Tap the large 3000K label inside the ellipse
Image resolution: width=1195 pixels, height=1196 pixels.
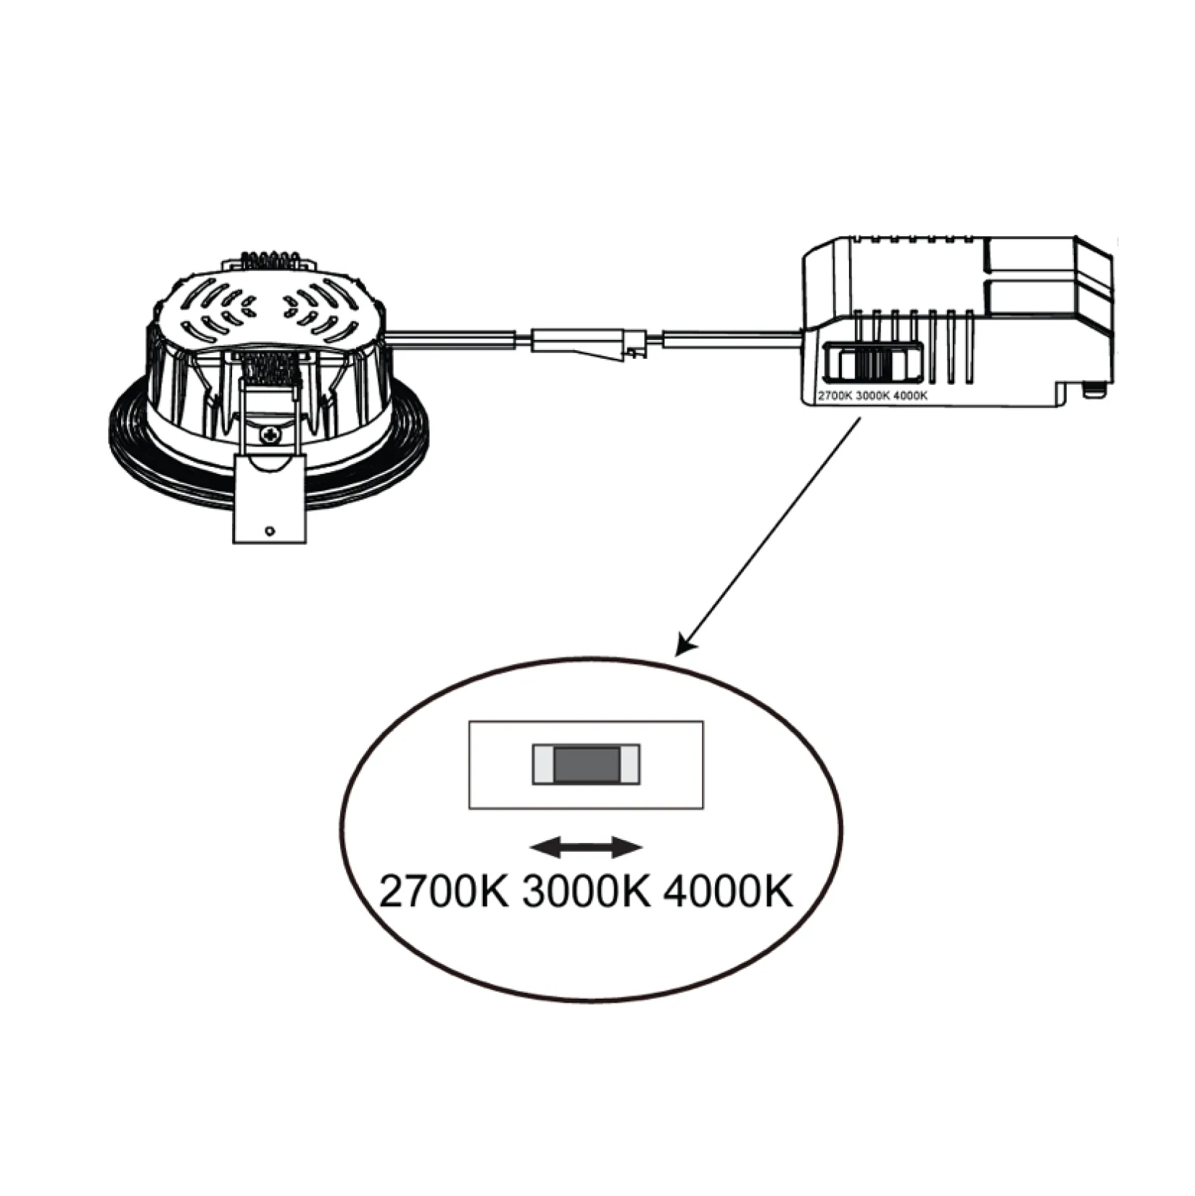tap(587, 891)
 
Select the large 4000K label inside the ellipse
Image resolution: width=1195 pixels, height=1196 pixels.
tap(728, 891)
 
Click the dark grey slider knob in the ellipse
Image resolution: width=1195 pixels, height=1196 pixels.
tap(587, 765)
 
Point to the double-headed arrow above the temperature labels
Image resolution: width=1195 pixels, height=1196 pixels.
tap(587, 847)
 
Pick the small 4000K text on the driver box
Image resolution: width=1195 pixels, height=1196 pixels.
tap(910, 396)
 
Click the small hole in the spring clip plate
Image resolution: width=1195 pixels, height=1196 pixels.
tap(270, 531)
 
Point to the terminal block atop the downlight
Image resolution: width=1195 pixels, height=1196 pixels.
tap(270, 262)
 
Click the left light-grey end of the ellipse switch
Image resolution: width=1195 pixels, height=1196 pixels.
tap(544, 765)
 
